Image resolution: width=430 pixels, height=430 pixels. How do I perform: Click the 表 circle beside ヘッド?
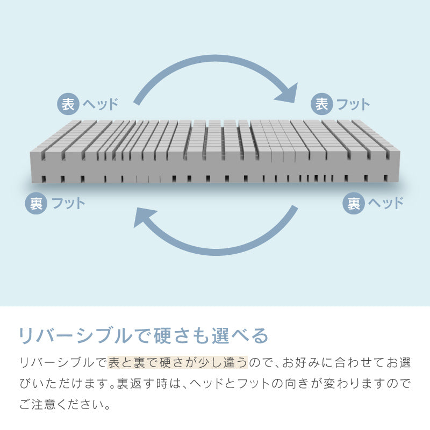[68, 104]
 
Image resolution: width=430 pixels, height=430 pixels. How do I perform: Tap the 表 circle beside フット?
[322, 104]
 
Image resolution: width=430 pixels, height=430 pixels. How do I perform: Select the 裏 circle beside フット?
[36, 203]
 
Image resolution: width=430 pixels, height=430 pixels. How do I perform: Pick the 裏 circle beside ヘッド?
[353, 203]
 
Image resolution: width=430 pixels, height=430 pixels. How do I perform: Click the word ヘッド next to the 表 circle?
[100, 104]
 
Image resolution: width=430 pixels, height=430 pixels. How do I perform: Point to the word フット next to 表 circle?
[353, 104]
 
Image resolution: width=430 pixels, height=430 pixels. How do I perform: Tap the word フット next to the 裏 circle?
[68, 203]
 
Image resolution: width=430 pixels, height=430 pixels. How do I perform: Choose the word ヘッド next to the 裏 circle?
[385, 203]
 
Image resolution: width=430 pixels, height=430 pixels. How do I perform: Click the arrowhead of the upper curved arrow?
[288, 92]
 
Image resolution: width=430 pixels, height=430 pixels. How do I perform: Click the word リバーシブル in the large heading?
[74, 335]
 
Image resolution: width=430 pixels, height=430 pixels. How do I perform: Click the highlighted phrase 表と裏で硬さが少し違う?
[177, 363]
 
